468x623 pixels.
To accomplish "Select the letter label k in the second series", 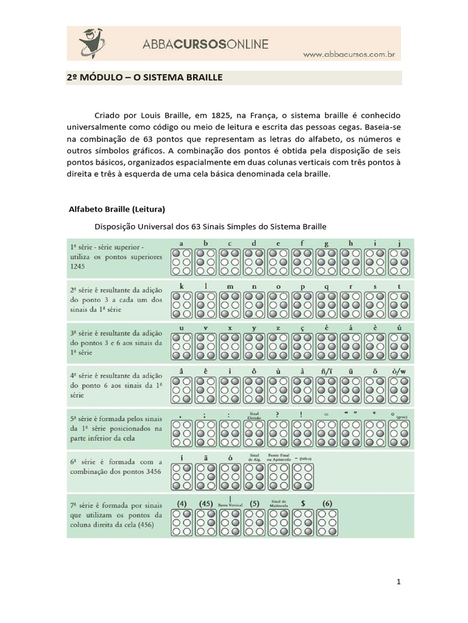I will click(182, 285).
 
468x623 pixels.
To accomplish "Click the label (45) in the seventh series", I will click(206, 503).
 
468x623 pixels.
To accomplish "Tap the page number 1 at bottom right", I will click(399, 582).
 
